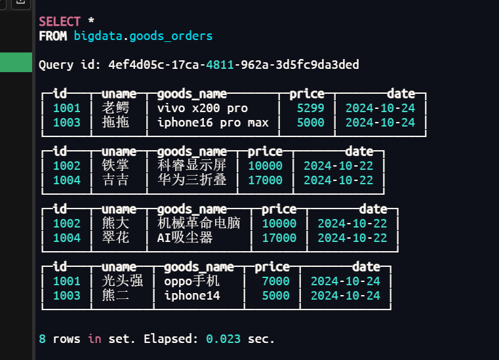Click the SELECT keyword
59,21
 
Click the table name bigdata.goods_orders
143,35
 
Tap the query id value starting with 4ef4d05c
233,65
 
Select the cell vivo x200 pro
203,108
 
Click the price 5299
310,108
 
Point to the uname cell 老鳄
115,108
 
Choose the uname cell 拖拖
115,123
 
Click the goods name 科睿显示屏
191,166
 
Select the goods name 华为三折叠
191,180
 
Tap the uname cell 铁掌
115,166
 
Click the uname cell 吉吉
115,180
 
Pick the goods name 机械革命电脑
199,224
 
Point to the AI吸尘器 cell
185,238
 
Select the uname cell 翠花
115,238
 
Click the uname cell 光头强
123,281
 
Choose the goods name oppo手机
191,281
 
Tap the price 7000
275,281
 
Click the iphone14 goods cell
192,296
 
